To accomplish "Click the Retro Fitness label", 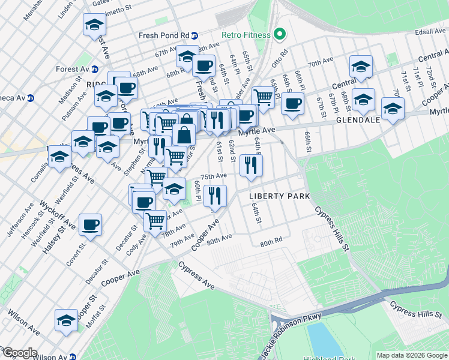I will click(x=246, y=34).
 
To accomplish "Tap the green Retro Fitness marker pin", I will click(x=279, y=34).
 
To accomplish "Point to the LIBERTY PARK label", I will click(x=280, y=196).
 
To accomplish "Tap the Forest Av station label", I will click(x=72, y=69).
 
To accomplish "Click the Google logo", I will click(x=19, y=353).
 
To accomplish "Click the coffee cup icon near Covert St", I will click(x=90, y=224).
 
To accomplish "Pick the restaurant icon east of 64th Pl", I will click(x=251, y=165).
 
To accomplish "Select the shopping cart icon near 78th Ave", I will click(x=155, y=221).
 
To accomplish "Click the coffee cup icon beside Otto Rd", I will click(x=292, y=103).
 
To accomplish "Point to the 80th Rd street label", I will click(x=271, y=242).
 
